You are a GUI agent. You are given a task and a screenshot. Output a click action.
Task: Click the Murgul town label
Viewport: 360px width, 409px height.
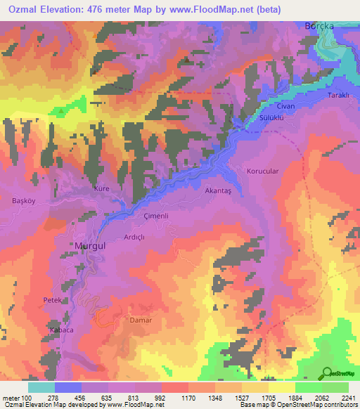tap(89, 246)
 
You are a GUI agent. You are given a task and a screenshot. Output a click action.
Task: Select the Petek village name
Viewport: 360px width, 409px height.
tap(53, 300)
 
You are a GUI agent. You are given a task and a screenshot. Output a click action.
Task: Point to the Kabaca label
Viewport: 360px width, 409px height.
tap(60, 329)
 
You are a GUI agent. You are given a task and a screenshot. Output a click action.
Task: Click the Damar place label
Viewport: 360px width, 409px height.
tap(141, 320)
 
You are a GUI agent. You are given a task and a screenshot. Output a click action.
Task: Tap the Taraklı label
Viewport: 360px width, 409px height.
tap(339, 95)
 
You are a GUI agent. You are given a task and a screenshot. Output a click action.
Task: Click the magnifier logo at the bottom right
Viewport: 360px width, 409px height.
tap(327, 374)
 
